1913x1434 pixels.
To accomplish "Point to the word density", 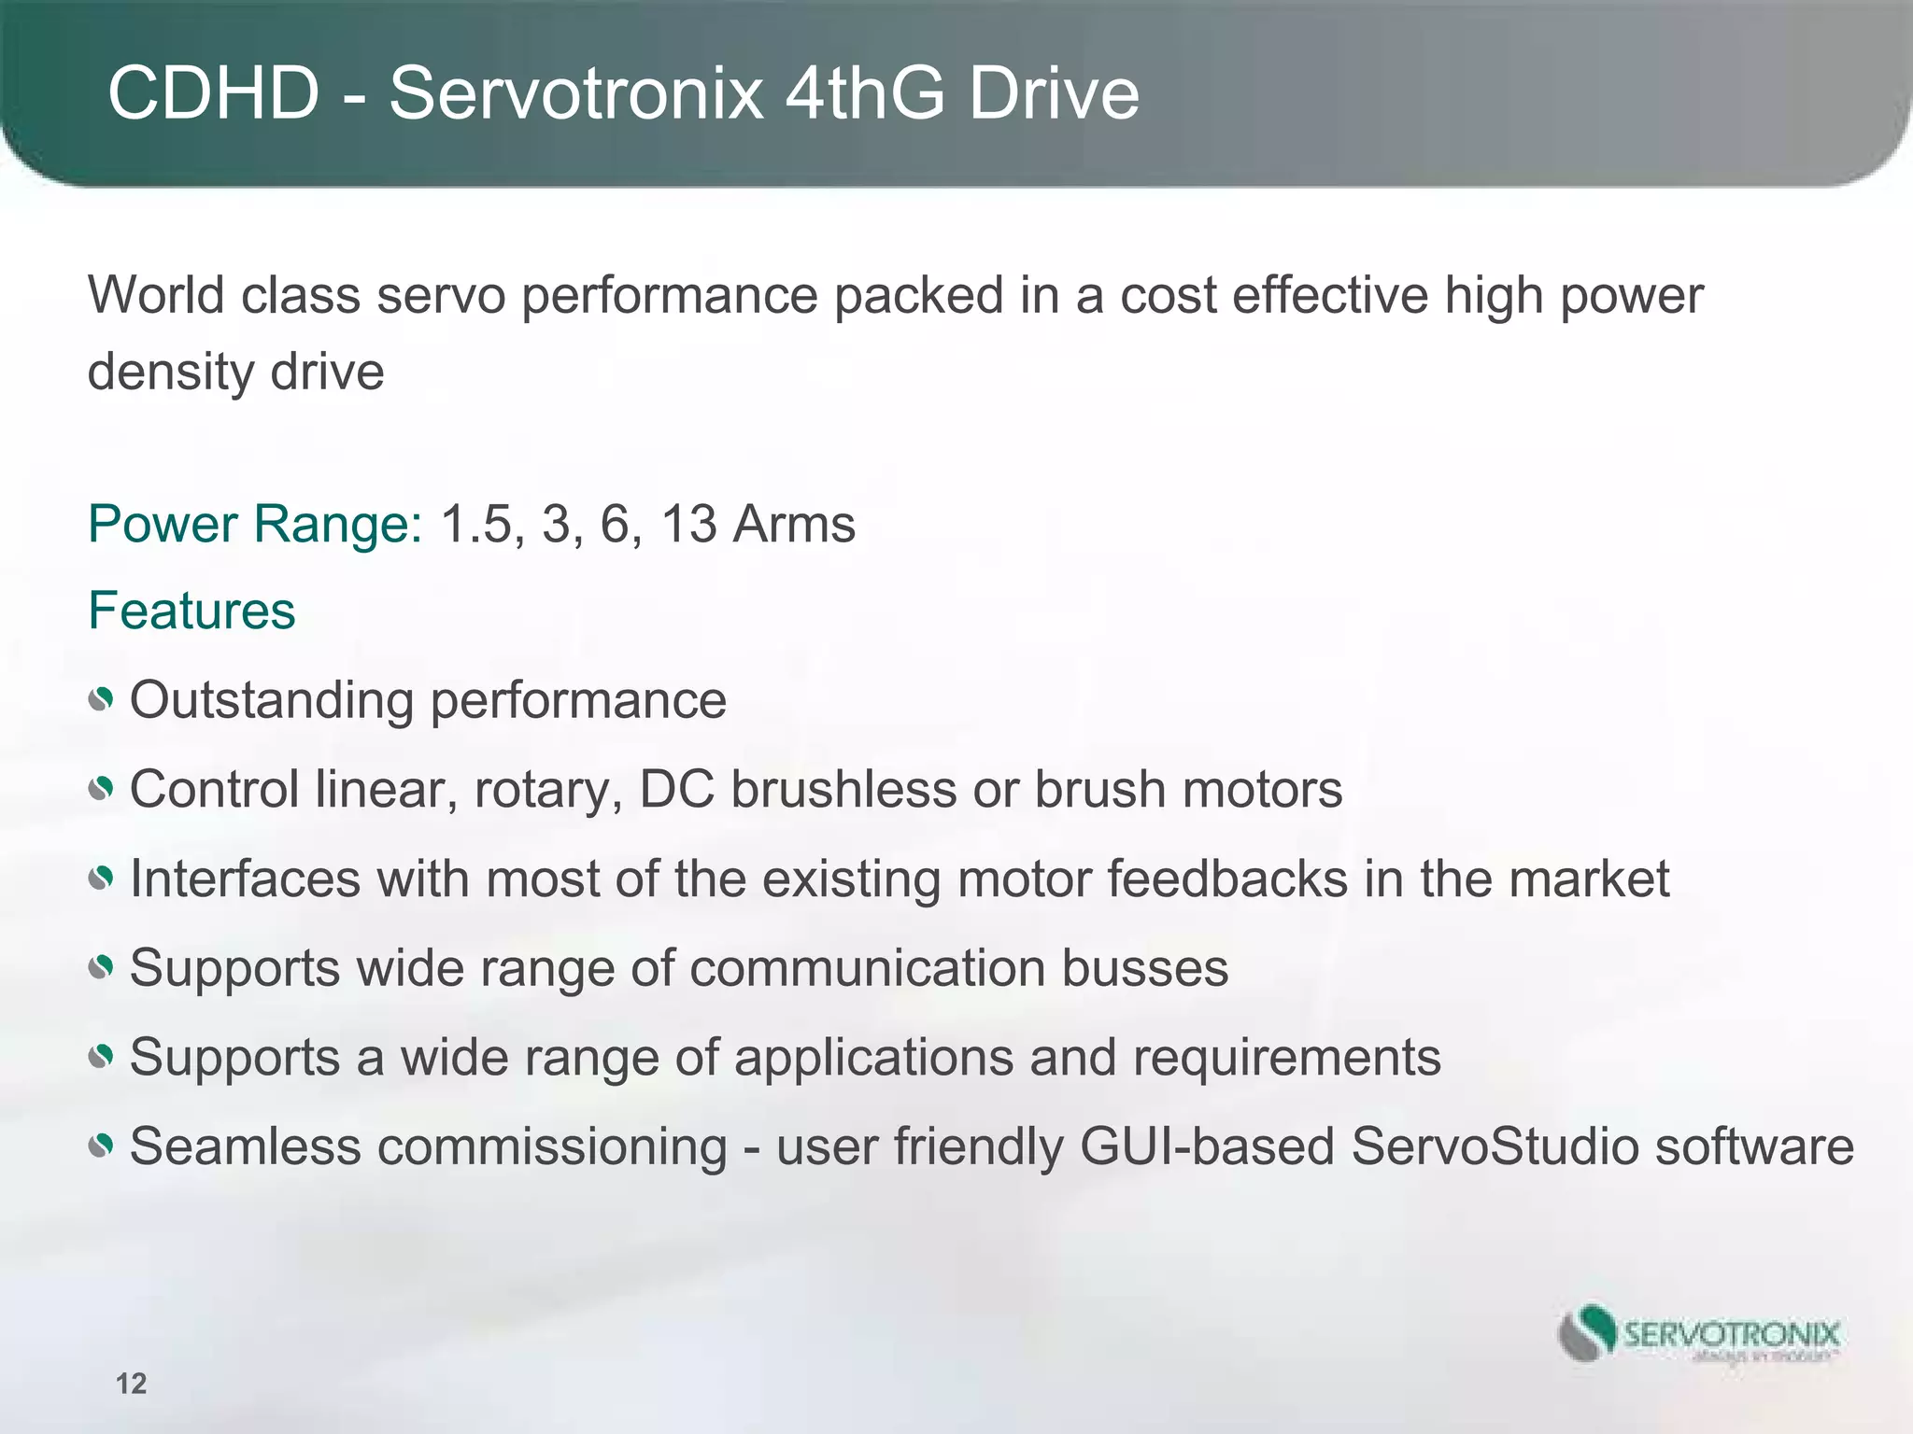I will click(x=170, y=373).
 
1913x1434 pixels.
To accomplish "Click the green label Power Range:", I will click(x=255, y=524).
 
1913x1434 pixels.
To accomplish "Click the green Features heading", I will click(x=191, y=612).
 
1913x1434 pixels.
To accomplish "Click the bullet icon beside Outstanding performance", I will click(x=101, y=700).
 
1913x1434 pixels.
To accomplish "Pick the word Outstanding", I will click(x=271, y=700).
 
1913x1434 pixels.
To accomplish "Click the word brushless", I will click(x=843, y=790).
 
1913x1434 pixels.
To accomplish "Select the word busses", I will click(x=1144, y=968).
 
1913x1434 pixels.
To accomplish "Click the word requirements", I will click(x=1287, y=1058).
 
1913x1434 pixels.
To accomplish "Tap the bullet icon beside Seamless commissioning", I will click(x=101, y=1146).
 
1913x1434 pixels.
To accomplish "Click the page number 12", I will click(x=132, y=1384).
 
